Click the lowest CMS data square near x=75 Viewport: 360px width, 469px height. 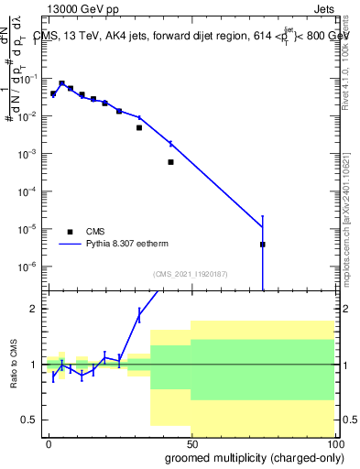(262, 245)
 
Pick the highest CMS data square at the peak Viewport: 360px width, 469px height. (61, 83)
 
